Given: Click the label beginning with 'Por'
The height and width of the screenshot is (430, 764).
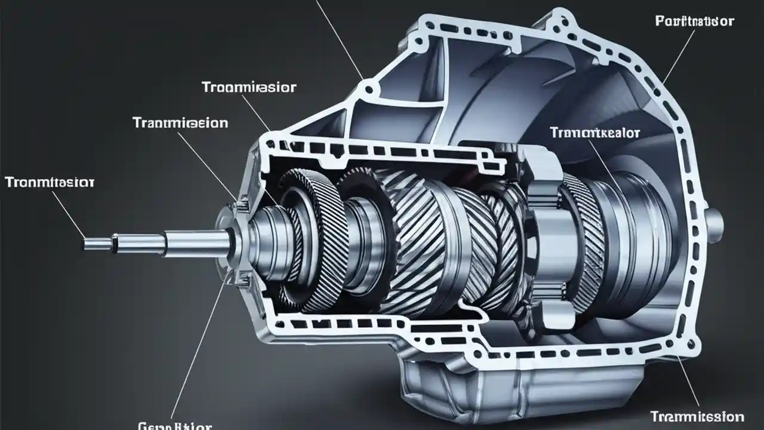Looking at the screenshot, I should (x=694, y=21).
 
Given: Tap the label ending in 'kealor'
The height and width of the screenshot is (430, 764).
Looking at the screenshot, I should (x=594, y=133).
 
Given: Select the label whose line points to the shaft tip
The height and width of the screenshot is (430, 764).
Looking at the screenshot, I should (x=49, y=182).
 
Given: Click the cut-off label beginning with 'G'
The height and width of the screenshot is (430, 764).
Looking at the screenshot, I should (x=174, y=425).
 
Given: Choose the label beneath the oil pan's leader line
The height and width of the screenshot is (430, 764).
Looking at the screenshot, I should (x=697, y=416).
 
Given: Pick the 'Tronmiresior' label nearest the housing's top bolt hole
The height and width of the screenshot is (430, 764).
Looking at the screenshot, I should (x=249, y=88).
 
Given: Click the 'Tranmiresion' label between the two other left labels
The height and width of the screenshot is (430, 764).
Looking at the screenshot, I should (x=180, y=123).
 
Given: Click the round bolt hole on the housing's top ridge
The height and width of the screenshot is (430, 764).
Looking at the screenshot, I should (x=369, y=90).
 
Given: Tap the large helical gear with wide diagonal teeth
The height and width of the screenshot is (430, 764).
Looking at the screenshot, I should (x=418, y=245).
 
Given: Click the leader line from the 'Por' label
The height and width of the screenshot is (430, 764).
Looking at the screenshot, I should (x=679, y=57).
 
